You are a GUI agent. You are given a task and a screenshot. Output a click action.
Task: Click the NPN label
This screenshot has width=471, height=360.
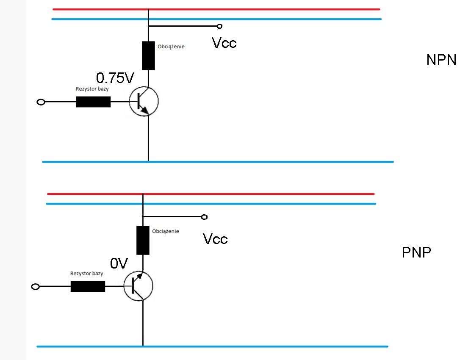441,60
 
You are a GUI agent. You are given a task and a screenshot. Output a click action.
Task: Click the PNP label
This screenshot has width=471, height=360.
416,252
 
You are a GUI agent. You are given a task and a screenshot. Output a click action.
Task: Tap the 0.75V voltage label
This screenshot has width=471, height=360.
115,78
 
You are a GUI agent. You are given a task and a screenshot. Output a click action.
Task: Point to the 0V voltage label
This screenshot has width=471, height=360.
119,263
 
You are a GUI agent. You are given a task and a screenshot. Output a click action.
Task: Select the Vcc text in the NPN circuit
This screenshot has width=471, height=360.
224,43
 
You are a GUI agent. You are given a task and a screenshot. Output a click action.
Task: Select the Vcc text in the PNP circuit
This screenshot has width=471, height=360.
215,239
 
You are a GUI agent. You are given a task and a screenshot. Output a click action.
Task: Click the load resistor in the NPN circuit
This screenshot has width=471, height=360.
148,55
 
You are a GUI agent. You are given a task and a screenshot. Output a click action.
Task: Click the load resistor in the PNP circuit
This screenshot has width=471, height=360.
143,240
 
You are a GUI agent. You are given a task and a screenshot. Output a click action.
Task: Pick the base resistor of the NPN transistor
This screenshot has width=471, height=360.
94,102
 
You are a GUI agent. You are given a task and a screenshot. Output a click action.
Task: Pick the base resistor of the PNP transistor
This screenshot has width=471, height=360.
88,286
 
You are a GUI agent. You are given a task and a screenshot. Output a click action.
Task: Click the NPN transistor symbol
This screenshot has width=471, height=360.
144,102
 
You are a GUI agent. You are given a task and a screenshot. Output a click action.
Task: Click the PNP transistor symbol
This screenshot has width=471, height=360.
138,286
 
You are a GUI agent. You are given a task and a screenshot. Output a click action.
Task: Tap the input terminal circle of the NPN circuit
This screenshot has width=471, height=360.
41,102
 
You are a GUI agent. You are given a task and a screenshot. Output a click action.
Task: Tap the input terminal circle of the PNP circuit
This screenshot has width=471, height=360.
36,287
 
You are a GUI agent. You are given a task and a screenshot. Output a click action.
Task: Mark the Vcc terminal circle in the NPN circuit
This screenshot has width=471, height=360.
219,26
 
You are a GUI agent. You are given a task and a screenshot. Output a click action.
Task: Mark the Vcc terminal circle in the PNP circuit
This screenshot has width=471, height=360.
204,217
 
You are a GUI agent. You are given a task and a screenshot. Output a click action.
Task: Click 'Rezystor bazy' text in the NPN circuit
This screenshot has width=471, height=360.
92,89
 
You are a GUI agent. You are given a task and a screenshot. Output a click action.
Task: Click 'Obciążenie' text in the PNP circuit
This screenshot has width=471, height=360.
166,231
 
